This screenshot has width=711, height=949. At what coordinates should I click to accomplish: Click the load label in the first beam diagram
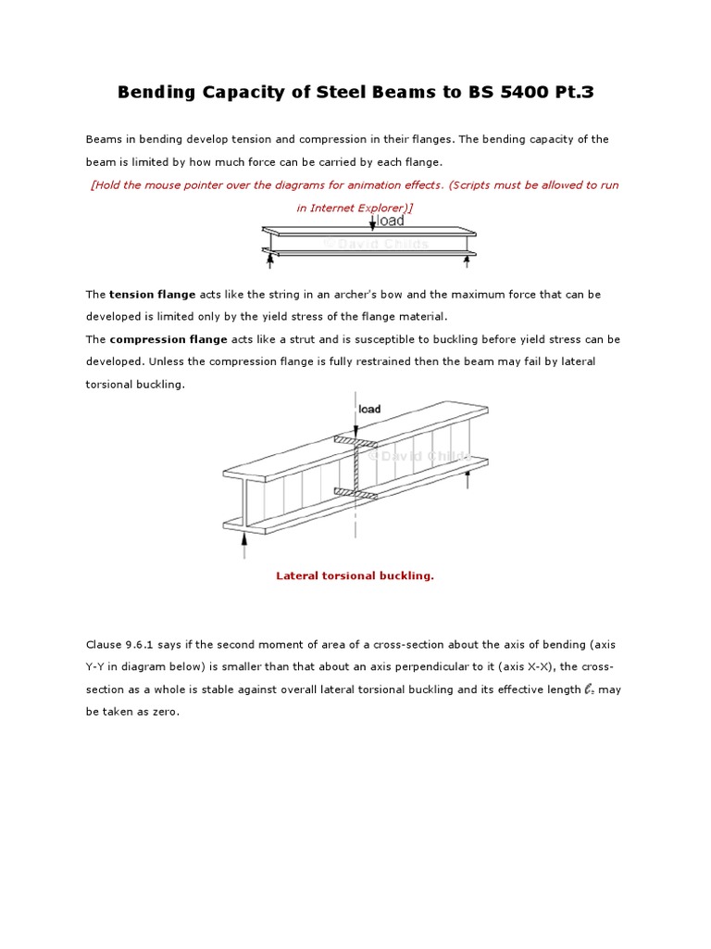390,221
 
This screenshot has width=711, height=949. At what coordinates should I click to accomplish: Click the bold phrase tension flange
152,295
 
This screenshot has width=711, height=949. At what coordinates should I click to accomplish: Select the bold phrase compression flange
168,339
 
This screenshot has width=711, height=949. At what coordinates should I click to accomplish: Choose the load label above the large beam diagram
369,409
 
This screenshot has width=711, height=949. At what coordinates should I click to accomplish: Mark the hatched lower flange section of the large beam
355,493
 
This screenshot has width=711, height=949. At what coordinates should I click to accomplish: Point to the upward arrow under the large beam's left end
244,548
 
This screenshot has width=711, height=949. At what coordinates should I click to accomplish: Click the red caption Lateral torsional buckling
355,576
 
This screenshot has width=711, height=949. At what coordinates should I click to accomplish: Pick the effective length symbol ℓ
589,690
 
